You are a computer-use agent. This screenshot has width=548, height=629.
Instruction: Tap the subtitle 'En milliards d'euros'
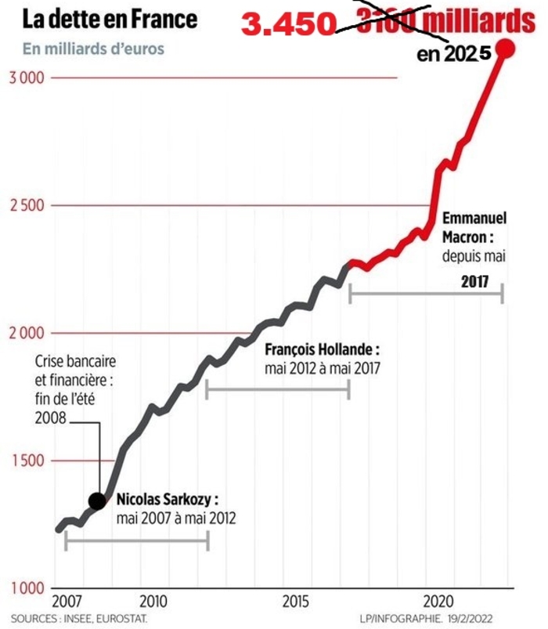(x=95, y=49)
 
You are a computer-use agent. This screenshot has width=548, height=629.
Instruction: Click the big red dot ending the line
(x=506, y=49)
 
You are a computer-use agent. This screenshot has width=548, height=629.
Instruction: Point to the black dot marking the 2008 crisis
(x=97, y=501)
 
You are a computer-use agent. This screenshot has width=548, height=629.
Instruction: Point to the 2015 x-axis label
(x=296, y=602)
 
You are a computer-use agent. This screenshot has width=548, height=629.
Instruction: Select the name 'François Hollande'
(x=323, y=349)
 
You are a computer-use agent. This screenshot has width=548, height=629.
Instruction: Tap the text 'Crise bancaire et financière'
(x=75, y=371)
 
